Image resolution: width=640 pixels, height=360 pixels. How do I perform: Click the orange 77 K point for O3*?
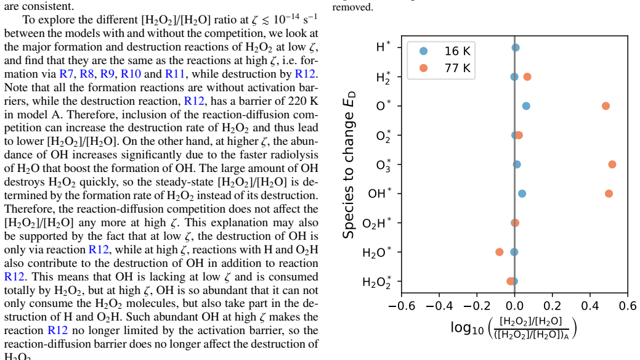(612, 164)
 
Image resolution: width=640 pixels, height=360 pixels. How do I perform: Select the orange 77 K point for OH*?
(609, 194)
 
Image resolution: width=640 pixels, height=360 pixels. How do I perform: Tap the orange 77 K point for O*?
(606, 106)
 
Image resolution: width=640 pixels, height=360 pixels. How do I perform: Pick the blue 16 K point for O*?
(526, 106)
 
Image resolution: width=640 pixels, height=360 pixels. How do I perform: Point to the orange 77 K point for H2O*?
(499, 252)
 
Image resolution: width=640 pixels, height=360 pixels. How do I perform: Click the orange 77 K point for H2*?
(527, 77)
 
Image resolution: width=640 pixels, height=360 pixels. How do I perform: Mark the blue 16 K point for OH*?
(522, 194)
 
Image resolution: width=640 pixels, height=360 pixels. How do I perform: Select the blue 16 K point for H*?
(516, 47)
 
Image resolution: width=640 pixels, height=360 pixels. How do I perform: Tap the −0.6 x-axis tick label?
(402, 306)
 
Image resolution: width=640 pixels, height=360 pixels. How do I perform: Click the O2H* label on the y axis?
(377, 223)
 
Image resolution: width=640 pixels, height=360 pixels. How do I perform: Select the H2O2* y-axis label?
(377, 282)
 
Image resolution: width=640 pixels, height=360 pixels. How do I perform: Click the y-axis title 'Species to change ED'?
(349, 165)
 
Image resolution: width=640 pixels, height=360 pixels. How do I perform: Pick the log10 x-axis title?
(514, 328)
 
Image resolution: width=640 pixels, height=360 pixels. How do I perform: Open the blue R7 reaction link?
(66, 74)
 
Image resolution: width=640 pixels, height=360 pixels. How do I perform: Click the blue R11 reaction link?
(175, 74)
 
